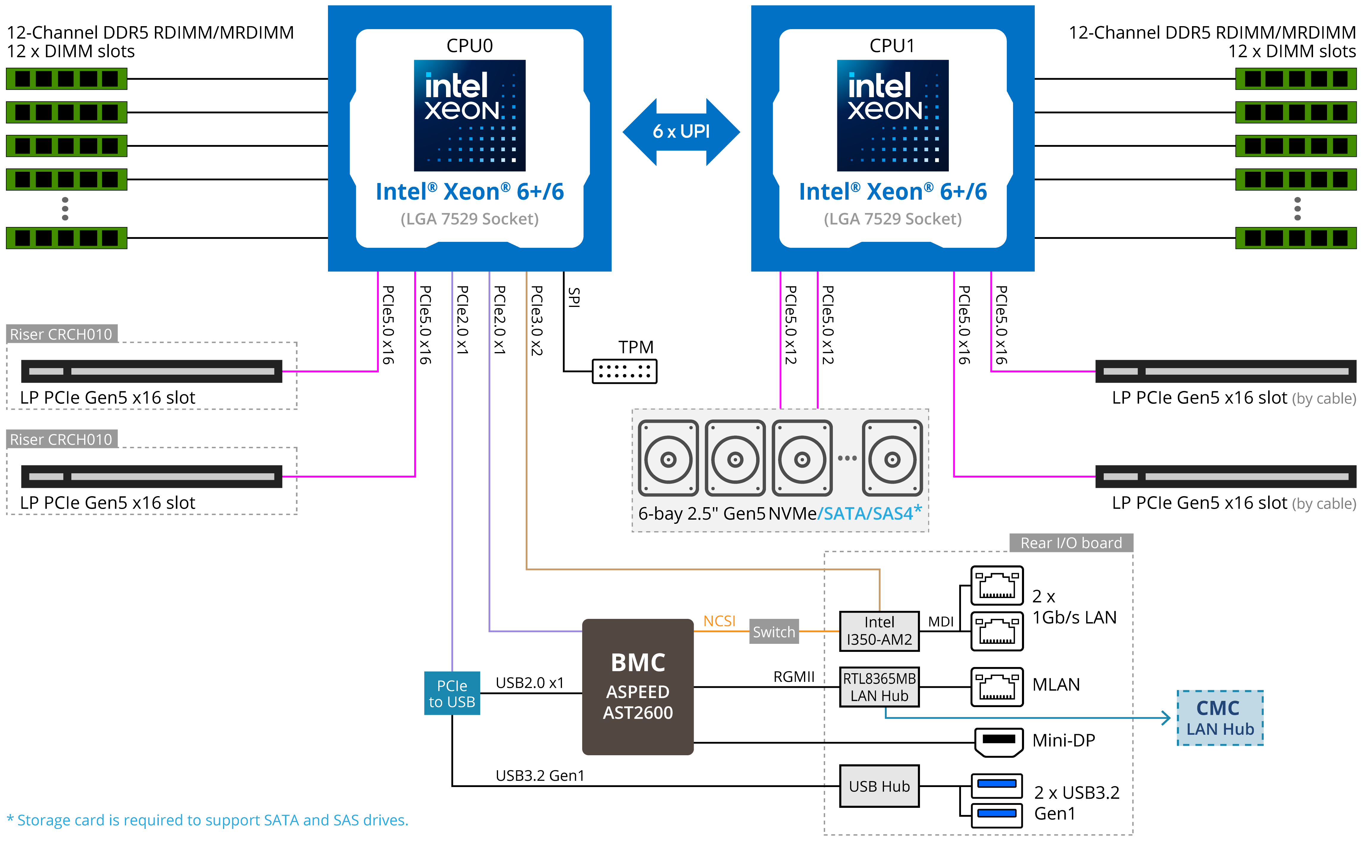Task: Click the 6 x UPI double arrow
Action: pos(681,132)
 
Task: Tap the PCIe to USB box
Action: pos(452,693)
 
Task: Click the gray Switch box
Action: pos(774,632)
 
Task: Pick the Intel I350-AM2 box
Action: pos(879,631)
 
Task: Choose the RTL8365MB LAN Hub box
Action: pos(879,687)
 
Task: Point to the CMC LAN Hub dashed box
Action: pos(1220,718)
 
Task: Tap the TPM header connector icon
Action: pos(624,371)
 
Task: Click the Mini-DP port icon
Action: pos(998,742)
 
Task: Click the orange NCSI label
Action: pos(719,621)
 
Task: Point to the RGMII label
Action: pos(794,677)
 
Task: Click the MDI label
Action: pos(940,622)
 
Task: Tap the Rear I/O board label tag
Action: pos(1071,543)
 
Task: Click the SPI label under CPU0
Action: pos(573,297)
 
